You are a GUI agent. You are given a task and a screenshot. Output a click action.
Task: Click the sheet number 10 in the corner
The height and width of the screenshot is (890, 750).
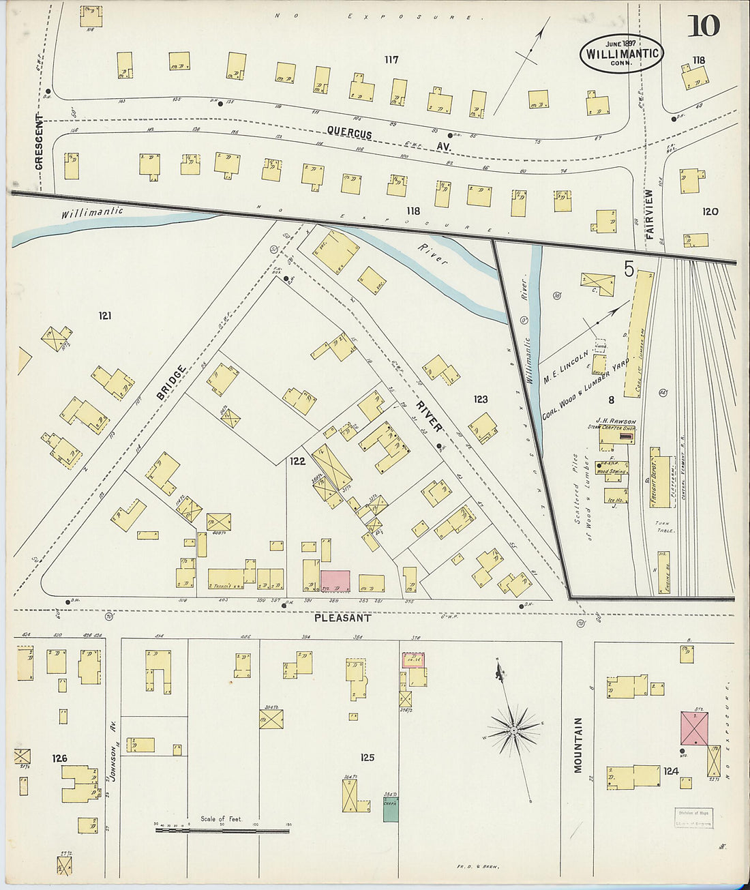pyautogui.click(x=703, y=27)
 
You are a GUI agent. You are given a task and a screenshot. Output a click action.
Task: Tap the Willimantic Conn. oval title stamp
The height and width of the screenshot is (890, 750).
pyautogui.click(x=621, y=53)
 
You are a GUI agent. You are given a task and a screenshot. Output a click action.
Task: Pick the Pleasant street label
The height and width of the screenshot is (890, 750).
pyautogui.click(x=342, y=618)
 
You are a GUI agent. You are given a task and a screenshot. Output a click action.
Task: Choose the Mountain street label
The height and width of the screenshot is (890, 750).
pyautogui.click(x=578, y=745)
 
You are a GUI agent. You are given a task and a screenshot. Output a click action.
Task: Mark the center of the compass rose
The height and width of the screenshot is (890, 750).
pyautogui.click(x=513, y=732)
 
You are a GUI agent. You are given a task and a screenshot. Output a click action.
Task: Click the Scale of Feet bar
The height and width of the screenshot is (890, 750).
pyautogui.click(x=222, y=830)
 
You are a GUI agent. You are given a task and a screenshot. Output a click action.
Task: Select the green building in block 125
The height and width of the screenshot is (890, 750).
pyautogui.click(x=391, y=809)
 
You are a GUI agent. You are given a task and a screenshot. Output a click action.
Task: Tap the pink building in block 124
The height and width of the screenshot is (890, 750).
pyautogui.click(x=695, y=728)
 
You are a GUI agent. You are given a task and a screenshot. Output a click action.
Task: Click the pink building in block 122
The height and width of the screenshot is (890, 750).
pyautogui.click(x=335, y=581)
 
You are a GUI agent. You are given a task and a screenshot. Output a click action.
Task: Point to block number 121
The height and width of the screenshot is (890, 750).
pyautogui.click(x=104, y=316)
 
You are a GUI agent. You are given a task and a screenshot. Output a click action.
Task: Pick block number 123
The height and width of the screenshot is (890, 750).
pyautogui.click(x=481, y=399)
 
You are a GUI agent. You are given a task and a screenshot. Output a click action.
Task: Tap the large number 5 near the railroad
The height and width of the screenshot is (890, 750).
pyautogui.click(x=629, y=269)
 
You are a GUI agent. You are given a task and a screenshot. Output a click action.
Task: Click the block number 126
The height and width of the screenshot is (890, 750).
pyautogui.click(x=59, y=758)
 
